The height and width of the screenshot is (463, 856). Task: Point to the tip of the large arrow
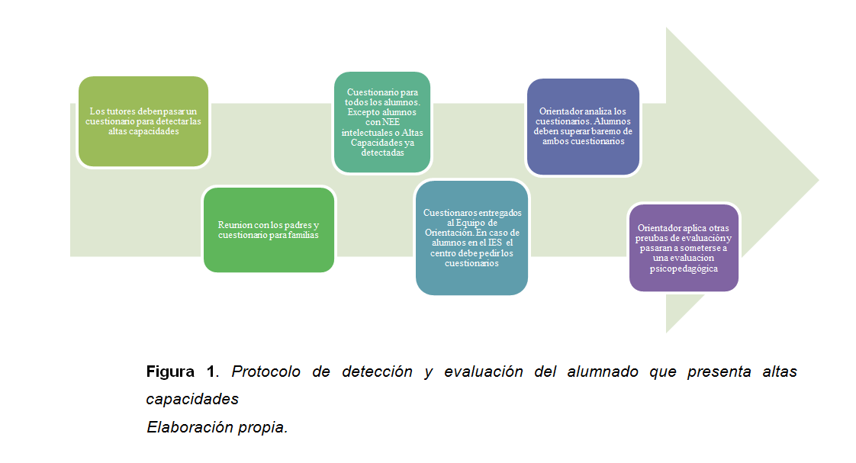[816, 181]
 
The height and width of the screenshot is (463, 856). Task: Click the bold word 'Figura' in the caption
[170, 372]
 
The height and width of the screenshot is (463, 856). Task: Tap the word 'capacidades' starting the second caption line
[192, 399]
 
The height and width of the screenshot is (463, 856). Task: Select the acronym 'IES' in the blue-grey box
[491, 243]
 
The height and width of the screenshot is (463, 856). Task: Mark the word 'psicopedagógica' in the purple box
[684, 268]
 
